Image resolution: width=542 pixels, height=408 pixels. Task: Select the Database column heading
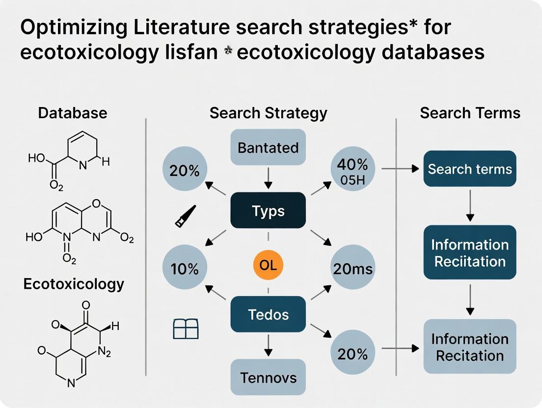coord(73,113)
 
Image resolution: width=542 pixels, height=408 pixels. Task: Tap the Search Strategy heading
coord(268,113)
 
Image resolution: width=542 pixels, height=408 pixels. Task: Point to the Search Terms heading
coord(470,113)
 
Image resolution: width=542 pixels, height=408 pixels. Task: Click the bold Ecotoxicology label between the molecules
coord(74,284)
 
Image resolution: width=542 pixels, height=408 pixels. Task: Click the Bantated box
coord(268,147)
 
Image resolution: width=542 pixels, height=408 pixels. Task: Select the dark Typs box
coord(268,211)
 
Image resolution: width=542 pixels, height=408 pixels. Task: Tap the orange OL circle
coord(268,266)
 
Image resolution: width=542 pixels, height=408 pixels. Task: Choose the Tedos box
coord(268,314)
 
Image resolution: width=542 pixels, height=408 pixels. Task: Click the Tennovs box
coord(268,378)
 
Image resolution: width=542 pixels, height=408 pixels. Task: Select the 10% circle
coord(184,269)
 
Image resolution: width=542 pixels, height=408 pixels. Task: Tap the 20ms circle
coord(352,269)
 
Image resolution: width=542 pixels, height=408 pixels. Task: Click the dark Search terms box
coord(470,170)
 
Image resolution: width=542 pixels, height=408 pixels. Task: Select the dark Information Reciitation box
coord(470,253)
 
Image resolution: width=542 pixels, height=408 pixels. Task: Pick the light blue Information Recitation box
coord(470,347)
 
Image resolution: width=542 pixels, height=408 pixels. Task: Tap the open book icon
coord(187,329)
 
